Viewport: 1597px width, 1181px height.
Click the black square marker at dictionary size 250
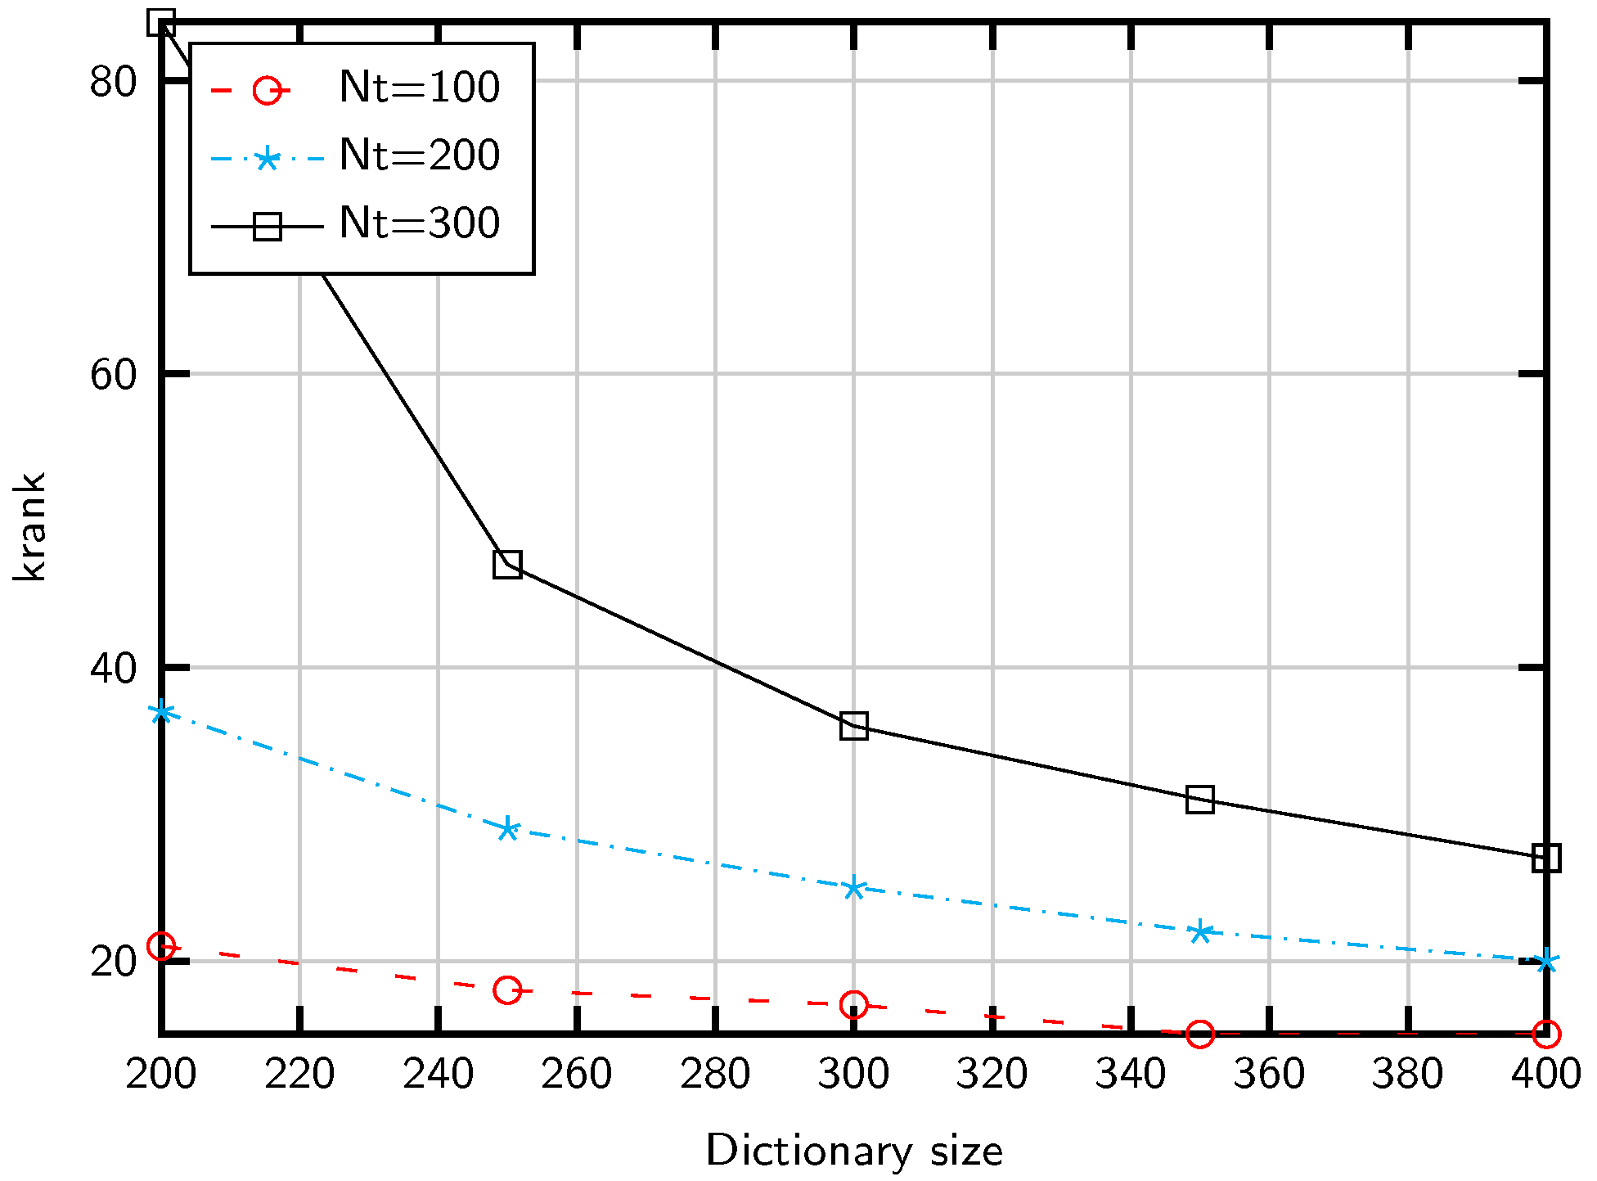pyautogui.click(x=507, y=565)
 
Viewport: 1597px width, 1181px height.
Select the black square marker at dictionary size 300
pyautogui.click(x=853, y=726)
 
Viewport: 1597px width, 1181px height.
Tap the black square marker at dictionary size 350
pyautogui.click(x=1199, y=799)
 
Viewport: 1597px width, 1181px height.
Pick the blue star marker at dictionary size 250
pyautogui.click(x=507, y=828)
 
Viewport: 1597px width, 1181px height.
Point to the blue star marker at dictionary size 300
pyautogui.click(x=853, y=888)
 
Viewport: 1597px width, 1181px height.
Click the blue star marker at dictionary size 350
pyautogui.click(x=1199, y=931)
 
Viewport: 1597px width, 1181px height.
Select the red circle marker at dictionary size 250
pyautogui.click(x=507, y=990)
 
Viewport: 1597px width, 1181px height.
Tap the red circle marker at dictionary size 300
pyautogui.click(x=853, y=1004)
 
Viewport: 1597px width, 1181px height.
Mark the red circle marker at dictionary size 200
pyautogui.click(x=161, y=946)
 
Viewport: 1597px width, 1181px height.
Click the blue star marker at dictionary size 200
pyautogui.click(x=161, y=712)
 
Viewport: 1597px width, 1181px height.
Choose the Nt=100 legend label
pyautogui.click(x=419, y=88)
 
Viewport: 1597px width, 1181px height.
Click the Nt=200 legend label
pyautogui.click(x=419, y=156)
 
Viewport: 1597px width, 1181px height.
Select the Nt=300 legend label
pyautogui.click(x=419, y=223)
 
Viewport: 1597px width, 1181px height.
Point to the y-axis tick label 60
pyautogui.click(x=113, y=376)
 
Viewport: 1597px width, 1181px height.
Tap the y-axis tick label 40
pyautogui.click(x=113, y=669)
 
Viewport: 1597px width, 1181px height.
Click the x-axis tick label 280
pyautogui.click(x=714, y=1074)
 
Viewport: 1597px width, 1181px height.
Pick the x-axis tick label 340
pyautogui.click(x=1130, y=1074)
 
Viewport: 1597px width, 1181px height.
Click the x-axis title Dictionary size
pyautogui.click(x=853, y=1152)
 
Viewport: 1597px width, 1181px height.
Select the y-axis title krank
pyautogui.click(x=31, y=527)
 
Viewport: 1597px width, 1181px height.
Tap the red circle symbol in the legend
pyautogui.click(x=268, y=89)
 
